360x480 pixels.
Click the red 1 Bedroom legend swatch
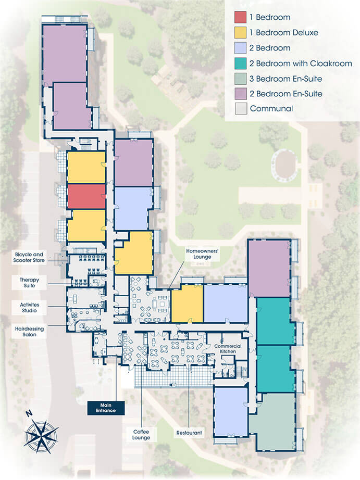coord(241,17)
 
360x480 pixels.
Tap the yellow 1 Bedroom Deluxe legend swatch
coord(241,32)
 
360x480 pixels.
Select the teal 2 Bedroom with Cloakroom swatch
coord(241,64)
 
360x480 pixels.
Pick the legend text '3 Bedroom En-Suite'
coord(285,79)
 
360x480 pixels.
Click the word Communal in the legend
coord(271,108)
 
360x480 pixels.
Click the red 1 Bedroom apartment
coord(86,197)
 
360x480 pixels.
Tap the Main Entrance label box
coord(106,408)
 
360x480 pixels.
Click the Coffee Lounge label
coord(141,435)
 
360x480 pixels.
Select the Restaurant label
coord(189,433)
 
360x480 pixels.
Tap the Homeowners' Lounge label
coord(202,254)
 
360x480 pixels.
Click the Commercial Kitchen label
coord(228,349)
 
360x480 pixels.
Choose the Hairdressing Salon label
coord(29,332)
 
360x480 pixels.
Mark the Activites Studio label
coord(29,308)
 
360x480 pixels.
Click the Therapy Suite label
coord(29,283)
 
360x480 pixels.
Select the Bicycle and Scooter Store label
coord(29,258)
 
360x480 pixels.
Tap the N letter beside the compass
coord(29,413)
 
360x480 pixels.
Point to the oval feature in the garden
coord(284,165)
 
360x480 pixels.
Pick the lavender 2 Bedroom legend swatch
coord(241,48)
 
